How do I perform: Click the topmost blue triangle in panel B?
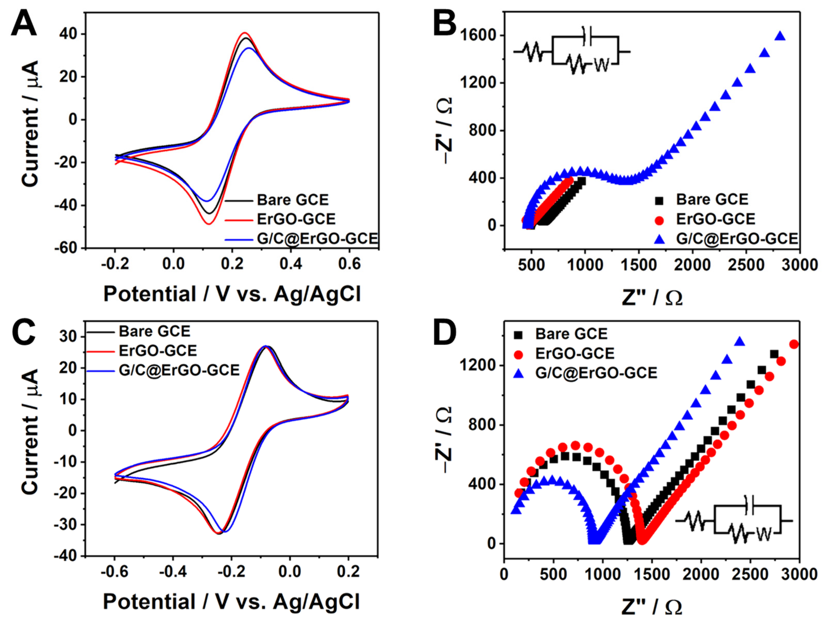780,36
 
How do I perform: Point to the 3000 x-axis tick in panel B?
799,265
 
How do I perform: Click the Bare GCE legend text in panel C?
155,331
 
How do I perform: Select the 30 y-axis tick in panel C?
68,337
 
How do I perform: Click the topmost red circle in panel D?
794,344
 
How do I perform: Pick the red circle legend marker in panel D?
518,354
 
